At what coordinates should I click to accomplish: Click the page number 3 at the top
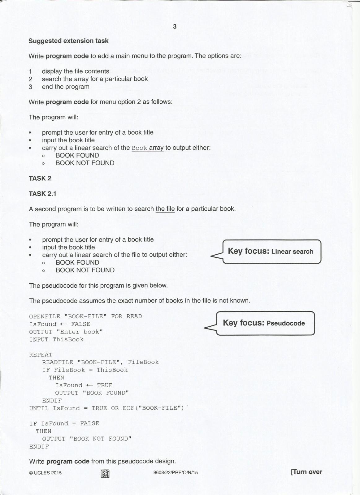(175, 27)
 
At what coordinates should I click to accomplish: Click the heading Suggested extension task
(68, 41)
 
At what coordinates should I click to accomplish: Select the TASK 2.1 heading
(42, 194)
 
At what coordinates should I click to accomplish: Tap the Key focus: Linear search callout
(270, 251)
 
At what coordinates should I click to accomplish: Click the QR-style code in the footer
(105, 473)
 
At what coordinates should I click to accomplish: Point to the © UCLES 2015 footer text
(45, 472)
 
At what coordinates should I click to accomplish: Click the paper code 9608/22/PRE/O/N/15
(175, 472)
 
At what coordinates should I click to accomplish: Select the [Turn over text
(306, 472)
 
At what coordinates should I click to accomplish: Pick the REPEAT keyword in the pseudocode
(41, 355)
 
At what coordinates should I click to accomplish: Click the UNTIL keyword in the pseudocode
(39, 408)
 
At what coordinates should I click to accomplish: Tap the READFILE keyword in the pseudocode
(58, 362)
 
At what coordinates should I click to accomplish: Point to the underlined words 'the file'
(165, 209)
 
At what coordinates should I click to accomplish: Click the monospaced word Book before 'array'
(139, 148)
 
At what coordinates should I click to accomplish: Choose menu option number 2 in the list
(30, 79)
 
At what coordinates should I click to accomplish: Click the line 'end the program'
(66, 87)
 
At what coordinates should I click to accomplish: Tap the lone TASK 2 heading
(40, 179)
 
